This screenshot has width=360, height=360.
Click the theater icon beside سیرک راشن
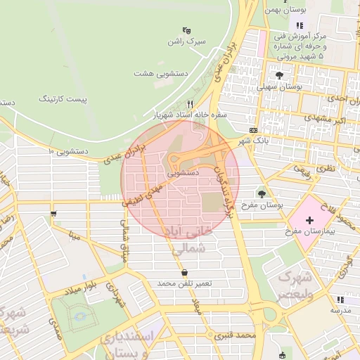[x=187, y=30]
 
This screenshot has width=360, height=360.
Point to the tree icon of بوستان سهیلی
[x=280, y=75]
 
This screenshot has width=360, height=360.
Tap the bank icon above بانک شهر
[x=253, y=130]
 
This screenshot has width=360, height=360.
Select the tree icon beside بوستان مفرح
[x=262, y=193]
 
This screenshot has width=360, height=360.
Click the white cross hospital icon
[x=310, y=219]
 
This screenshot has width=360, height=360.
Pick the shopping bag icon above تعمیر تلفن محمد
[x=184, y=272]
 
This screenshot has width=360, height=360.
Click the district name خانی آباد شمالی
[x=191, y=238]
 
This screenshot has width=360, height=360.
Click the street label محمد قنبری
[x=236, y=336]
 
